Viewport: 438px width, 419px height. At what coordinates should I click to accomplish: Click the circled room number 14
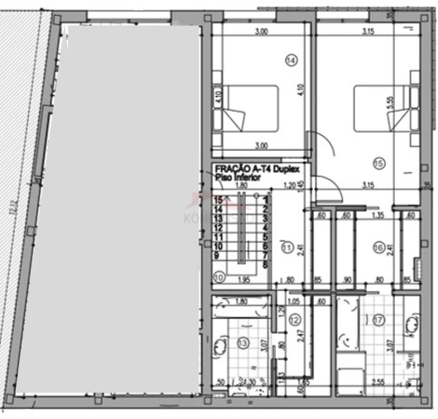pyautogui.click(x=291, y=60)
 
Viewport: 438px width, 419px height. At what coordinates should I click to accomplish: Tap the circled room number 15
pyautogui.click(x=379, y=162)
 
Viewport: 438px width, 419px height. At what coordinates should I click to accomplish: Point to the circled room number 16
pyautogui.click(x=378, y=246)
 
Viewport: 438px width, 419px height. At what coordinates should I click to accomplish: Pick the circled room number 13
pyautogui.click(x=243, y=343)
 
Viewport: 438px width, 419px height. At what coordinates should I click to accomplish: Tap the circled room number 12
pyautogui.click(x=295, y=319)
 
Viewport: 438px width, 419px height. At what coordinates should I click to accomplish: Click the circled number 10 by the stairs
pyautogui.click(x=219, y=277)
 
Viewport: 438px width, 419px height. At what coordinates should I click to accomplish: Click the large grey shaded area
pyautogui.click(x=124, y=207)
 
